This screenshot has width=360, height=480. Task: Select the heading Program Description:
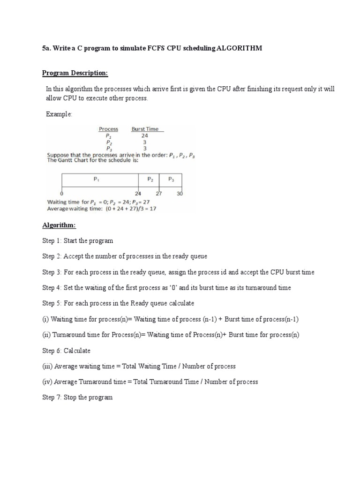(75, 73)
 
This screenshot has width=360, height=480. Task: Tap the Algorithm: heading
(59, 225)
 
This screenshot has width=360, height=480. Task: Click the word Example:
(59, 114)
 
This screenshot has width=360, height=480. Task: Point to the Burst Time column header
(145, 129)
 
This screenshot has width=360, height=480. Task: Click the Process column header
(108, 129)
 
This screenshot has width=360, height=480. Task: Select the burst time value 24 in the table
(145, 135)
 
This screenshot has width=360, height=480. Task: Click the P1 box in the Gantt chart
(100, 180)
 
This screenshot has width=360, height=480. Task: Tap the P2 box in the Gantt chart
(149, 180)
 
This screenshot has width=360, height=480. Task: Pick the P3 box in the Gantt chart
(171, 180)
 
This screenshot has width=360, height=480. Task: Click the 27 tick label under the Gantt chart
(159, 194)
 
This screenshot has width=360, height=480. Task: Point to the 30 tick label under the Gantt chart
(180, 194)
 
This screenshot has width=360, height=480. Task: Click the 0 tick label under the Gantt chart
(62, 194)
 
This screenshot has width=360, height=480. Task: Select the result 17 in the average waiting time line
(153, 209)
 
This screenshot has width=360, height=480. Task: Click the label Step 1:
(52, 241)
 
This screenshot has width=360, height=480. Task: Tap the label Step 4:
(52, 288)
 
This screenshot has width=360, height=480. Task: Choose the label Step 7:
(52, 397)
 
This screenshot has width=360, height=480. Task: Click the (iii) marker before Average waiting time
(47, 366)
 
